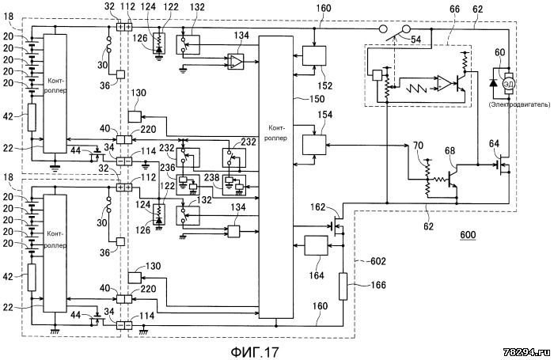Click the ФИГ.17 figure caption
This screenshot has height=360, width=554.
click(255, 351)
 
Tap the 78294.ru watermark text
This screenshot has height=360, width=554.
click(527, 352)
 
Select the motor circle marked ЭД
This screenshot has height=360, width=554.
click(509, 84)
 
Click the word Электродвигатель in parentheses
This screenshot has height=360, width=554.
click(519, 104)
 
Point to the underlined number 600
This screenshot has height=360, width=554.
click(468, 235)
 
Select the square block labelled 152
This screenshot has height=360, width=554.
click(314, 55)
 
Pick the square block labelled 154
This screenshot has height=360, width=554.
click(314, 146)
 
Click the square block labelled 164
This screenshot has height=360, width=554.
click(317, 245)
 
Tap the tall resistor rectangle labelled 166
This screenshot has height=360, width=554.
click(343, 286)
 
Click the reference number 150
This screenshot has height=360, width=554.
click(317, 99)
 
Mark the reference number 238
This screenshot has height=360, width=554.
click(211, 177)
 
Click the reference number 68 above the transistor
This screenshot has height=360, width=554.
click(450, 151)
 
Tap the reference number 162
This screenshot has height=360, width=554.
click(317, 207)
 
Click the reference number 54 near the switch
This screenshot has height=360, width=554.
click(415, 40)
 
